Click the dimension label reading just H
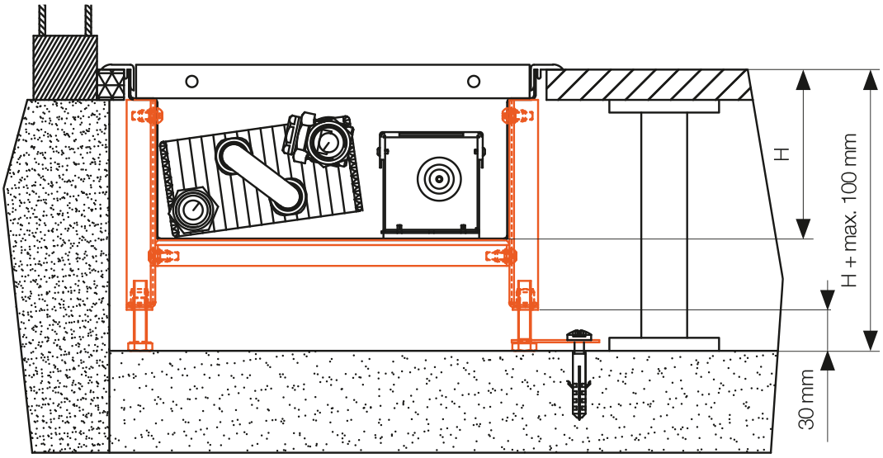pyautogui.click(x=786, y=153)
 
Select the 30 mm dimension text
pyautogui.click(x=808, y=402)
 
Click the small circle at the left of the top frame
pyautogui.click(x=192, y=81)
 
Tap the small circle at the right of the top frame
pyautogui.click(x=473, y=81)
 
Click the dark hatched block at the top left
pyautogui.click(x=64, y=66)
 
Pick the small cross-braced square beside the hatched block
pyautogui.click(x=109, y=83)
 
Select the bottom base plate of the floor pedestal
pyautogui.click(x=663, y=342)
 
